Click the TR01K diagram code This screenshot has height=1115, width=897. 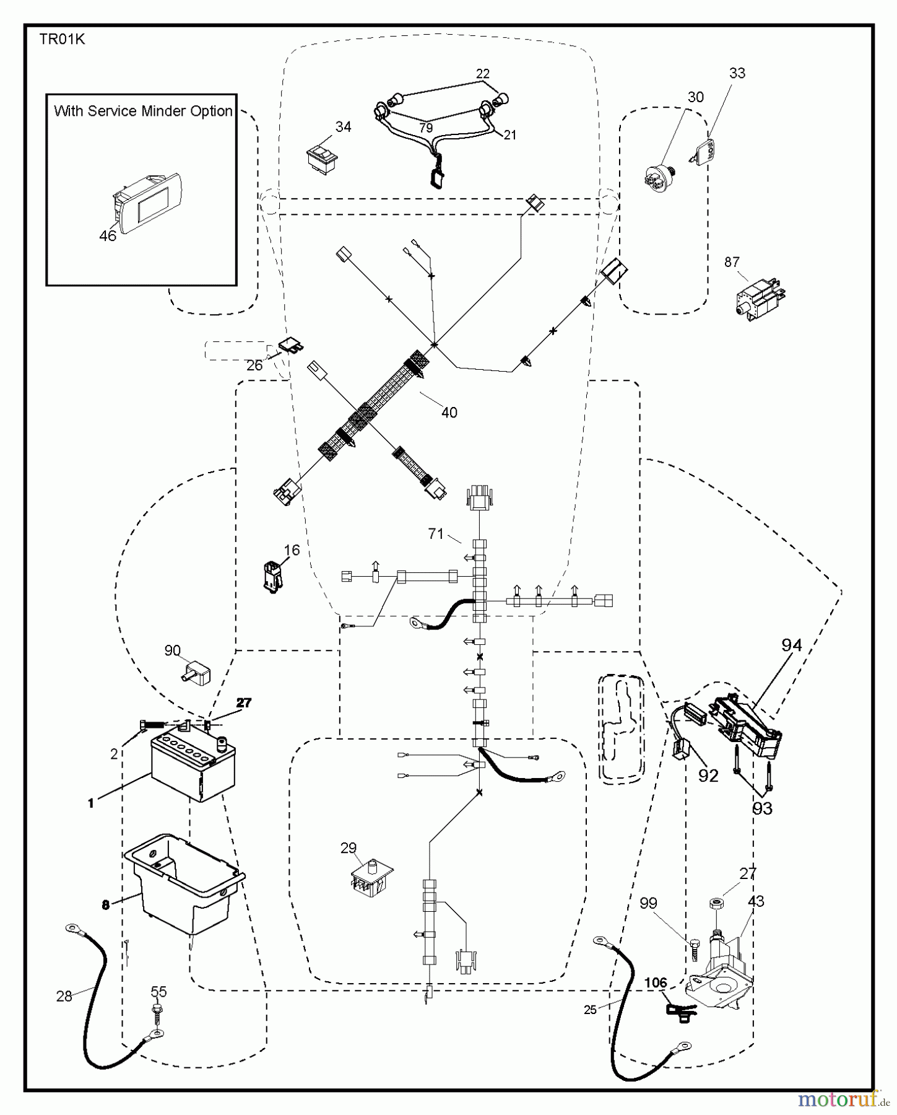(62, 40)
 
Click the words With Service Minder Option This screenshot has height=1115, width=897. (143, 111)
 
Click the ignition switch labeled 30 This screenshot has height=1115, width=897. (659, 175)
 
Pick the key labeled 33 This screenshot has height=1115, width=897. (704, 149)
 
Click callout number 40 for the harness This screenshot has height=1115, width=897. (449, 413)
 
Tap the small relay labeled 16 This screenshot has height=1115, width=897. (272, 575)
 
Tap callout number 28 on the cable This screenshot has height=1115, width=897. (64, 996)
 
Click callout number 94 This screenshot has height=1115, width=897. (791, 645)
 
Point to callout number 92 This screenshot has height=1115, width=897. (708, 776)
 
